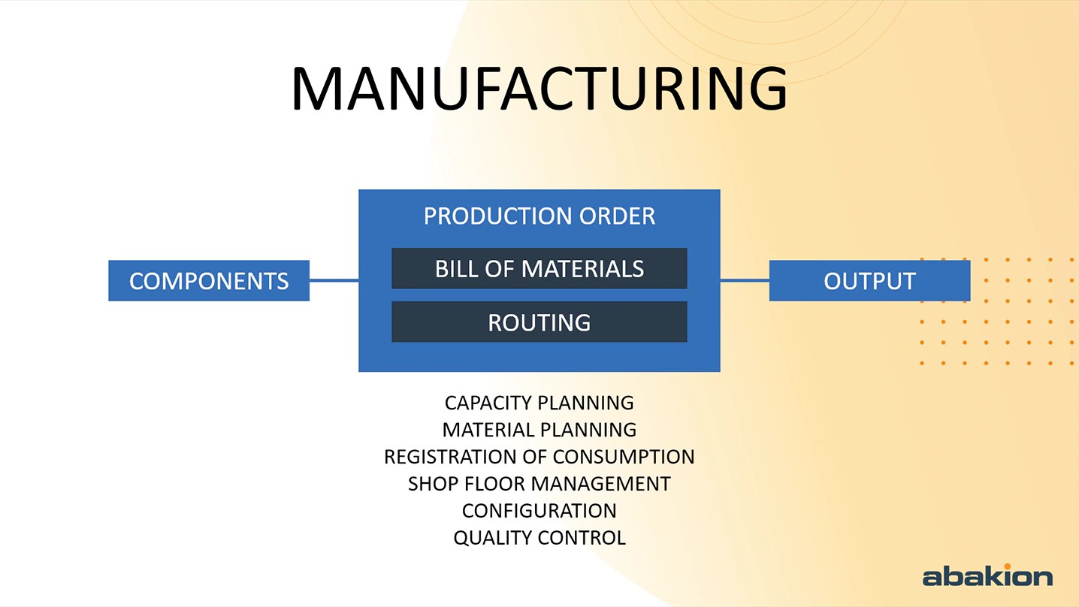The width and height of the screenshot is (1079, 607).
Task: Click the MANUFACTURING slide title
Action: (539, 89)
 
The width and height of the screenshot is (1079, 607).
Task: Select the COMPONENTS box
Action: (209, 281)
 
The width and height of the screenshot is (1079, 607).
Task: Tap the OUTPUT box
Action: (869, 281)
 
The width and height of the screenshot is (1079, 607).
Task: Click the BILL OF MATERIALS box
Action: (539, 269)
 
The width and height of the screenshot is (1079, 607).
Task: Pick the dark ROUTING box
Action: (539, 322)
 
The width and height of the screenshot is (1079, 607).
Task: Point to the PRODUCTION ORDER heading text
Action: (539, 216)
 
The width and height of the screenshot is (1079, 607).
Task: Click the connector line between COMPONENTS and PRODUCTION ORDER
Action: (334, 281)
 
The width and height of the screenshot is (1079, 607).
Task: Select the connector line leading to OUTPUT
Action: (745, 281)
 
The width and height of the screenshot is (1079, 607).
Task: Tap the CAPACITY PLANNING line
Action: (539, 403)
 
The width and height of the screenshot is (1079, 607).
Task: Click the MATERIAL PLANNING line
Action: (539, 430)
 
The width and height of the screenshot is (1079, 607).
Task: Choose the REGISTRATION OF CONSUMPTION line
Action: (539, 457)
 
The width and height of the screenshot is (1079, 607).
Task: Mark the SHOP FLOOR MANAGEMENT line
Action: (539, 484)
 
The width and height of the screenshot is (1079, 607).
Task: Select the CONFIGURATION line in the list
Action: (539, 511)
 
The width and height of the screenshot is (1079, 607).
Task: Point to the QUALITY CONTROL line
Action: (539, 538)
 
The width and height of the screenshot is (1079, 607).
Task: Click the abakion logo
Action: (987, 576)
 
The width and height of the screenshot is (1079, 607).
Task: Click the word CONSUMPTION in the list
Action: (624, 457)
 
